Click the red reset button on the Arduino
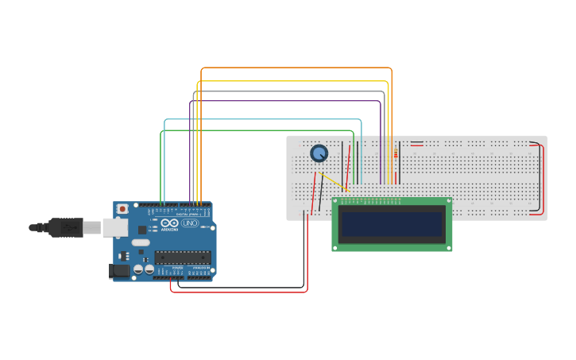tap(122, 209)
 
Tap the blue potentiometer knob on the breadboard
tap(319, 153)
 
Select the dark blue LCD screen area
tap(392, 225)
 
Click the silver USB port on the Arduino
tap(114, 227)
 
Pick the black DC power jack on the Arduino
tap(118, 271)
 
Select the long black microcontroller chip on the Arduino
tap(183, 257)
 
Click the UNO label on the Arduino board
tap(190, 223)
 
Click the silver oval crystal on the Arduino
tap(141, 242)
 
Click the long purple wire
tap(286, 101)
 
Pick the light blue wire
tap(262, 120)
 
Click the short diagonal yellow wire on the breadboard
tap(334, 183)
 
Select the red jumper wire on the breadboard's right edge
tap(543, 179)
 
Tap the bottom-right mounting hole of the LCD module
tap(448, 248)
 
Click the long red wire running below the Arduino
tap(238, 292)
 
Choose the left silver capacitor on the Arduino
tap(138, 269)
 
